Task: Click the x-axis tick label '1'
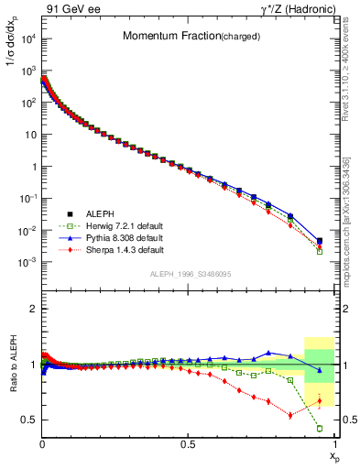click(334, 443)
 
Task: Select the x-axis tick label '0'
click(42, 443)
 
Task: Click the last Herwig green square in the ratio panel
click(320, 428)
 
